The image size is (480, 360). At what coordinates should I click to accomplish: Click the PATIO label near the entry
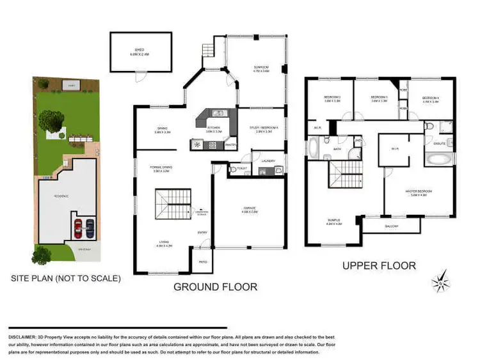(x=202, y=262)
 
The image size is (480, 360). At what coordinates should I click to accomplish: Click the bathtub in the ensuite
(x=439, y=158)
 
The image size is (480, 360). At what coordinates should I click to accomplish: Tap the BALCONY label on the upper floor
(x=391, y=226)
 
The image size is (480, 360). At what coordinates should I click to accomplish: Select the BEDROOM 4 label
(x=430, y=98)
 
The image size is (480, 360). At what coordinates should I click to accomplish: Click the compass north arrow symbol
(x=442, y=280)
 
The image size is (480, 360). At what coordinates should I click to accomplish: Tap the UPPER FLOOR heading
(x=378, y=265)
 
